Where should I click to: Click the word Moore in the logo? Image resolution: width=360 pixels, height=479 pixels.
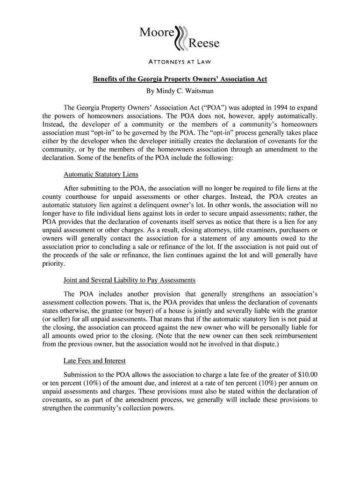(x=157, y=33)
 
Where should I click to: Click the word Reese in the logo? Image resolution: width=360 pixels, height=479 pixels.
(x=203, y=44)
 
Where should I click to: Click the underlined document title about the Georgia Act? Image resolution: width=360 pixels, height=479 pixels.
(x=180, y=79)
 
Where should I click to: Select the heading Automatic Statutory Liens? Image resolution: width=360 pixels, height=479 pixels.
(x=101, y=174)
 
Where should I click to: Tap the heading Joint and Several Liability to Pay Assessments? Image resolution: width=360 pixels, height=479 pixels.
(x=129, y=280)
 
